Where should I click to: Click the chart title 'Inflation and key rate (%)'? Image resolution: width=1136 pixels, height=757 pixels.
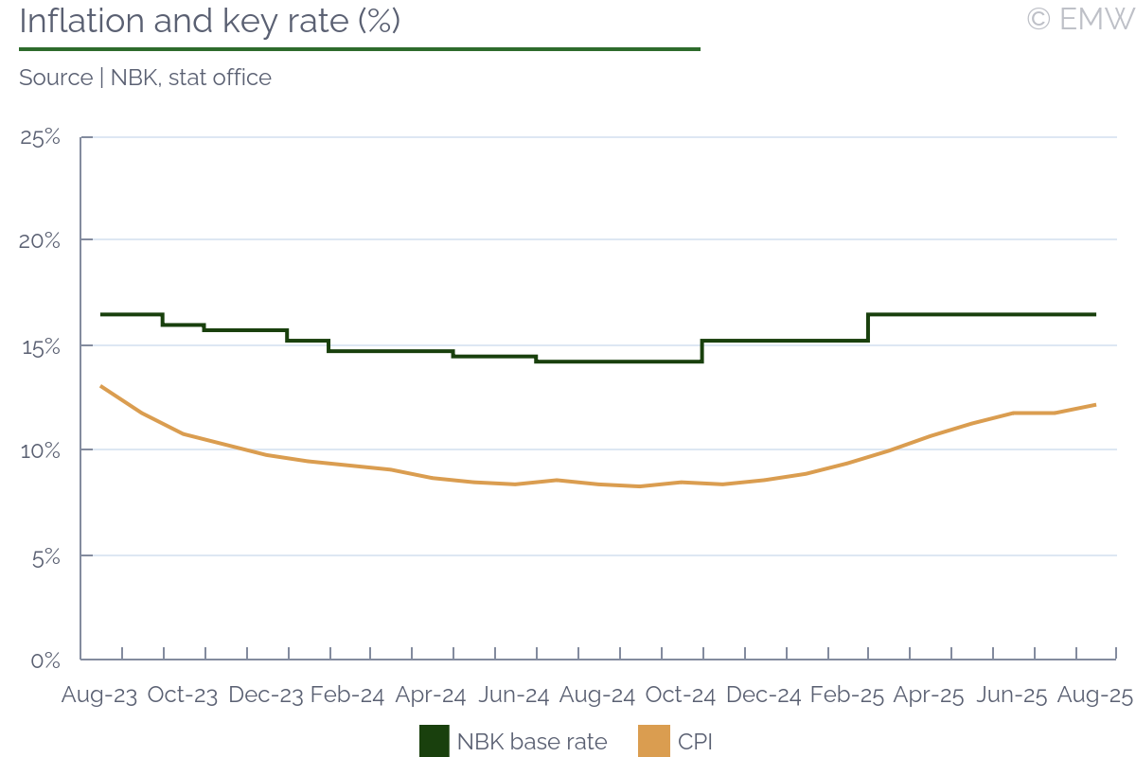[x=209, y=22]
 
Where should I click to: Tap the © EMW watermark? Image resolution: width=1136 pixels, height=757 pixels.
[x=1079, y=20]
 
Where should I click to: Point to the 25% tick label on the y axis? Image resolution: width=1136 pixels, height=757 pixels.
[x=41, y=137]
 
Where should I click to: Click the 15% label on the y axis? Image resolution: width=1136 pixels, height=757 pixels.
[x=41, y=346]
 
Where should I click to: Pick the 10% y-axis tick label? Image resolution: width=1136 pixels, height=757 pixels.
[x=41, y=450]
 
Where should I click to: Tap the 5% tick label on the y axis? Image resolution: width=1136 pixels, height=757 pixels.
[x=43, y=556]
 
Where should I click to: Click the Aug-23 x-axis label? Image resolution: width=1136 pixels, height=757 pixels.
[x=98, y=695]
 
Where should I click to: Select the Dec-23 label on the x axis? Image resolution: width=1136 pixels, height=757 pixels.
[x=266, y=695]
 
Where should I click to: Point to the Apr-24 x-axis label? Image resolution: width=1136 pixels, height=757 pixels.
[x=431, y=695]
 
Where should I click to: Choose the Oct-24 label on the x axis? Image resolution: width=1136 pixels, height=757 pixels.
[x=680, y=695]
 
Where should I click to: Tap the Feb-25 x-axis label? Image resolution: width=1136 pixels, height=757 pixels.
[x=846, y=695]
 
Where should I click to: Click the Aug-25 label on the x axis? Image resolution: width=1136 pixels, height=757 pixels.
[x=1095, y=695]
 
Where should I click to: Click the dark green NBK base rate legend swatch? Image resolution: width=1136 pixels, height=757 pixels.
[x=435, y=741]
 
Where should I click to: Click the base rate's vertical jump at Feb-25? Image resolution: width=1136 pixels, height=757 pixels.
[x=868, y=327]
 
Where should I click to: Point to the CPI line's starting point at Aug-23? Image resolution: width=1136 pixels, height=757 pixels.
[x=101, y=386]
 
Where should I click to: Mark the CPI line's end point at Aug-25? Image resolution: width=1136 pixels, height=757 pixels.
[x=1095, y=405]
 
